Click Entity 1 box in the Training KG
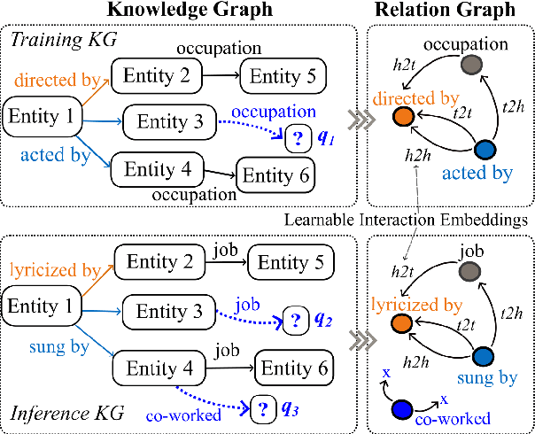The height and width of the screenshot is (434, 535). click(x=43, y=114)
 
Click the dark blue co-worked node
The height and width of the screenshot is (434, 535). click(x=402, y=408)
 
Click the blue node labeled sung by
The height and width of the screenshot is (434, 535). click(x=485, y=358)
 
